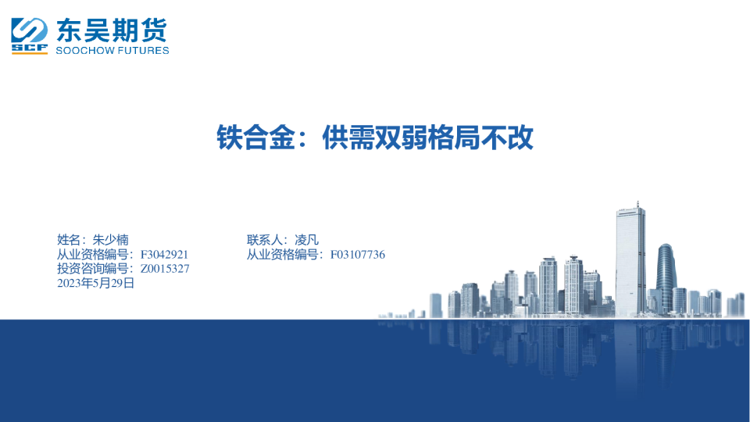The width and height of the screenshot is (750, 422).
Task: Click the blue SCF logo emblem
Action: click(x=30, y=35)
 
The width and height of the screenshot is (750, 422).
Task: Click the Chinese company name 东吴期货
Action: click(x=112, y=30)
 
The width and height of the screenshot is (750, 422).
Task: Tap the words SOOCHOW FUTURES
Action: click(x=112, y=51)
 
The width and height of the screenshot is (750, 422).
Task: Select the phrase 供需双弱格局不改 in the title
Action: click(x=428, y=138)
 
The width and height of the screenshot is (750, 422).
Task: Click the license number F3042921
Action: click(x=164, y=255)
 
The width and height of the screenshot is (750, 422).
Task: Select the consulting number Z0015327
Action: click(x=165, y=269)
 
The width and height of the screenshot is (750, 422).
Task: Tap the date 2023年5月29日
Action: click(x=96, y=283)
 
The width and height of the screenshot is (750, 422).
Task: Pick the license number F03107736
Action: click(x=358, y=255)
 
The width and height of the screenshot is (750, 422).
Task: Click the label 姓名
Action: click(x=69, y=240)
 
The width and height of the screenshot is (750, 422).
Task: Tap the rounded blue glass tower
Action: click(x=665, y=277)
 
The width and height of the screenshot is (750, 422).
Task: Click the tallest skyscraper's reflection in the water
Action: click(x=630, y=348)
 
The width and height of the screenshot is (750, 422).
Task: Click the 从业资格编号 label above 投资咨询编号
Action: click(x=94, y=255)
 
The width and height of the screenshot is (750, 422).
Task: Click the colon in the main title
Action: click(x=306, y=141)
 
